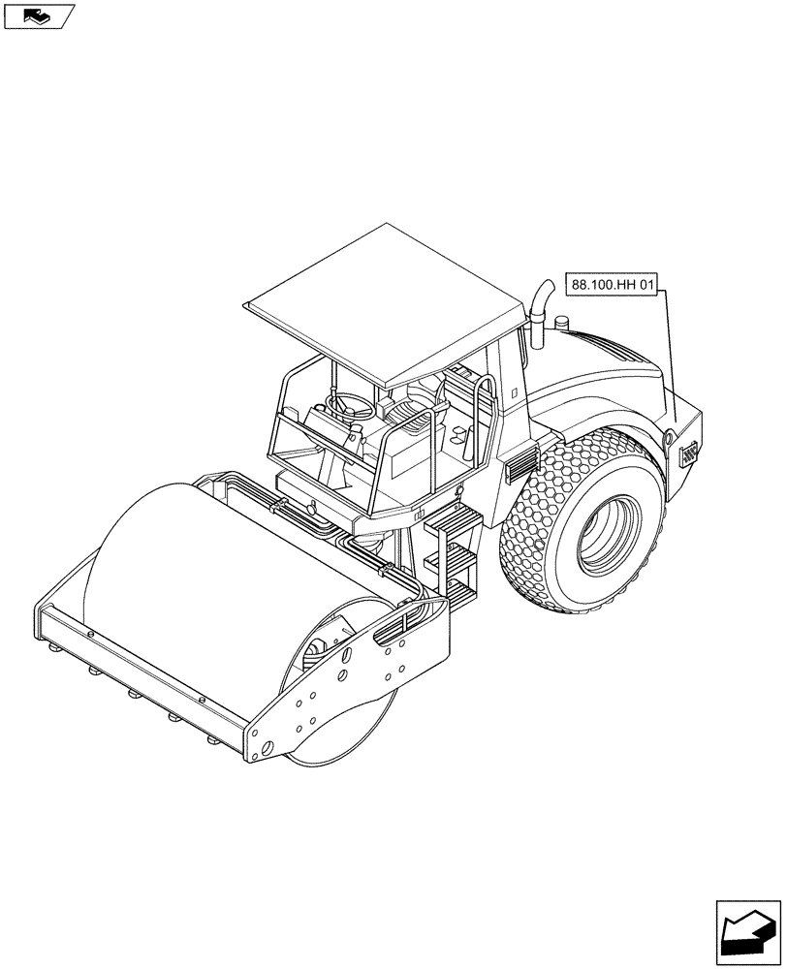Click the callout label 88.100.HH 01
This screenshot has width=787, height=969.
(x=612, y=285)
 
